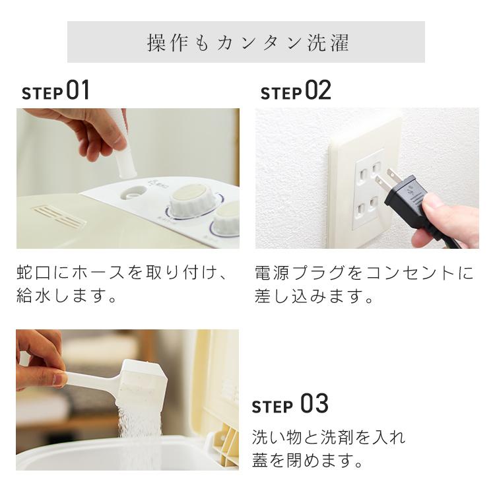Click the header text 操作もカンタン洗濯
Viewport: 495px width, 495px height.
click(x=247, y=43)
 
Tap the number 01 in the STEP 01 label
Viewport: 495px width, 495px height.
click(x=77, y=92)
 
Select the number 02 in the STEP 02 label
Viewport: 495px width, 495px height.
click(x=318, y=92)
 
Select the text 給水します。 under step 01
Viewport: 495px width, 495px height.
click(x=67, y=296)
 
